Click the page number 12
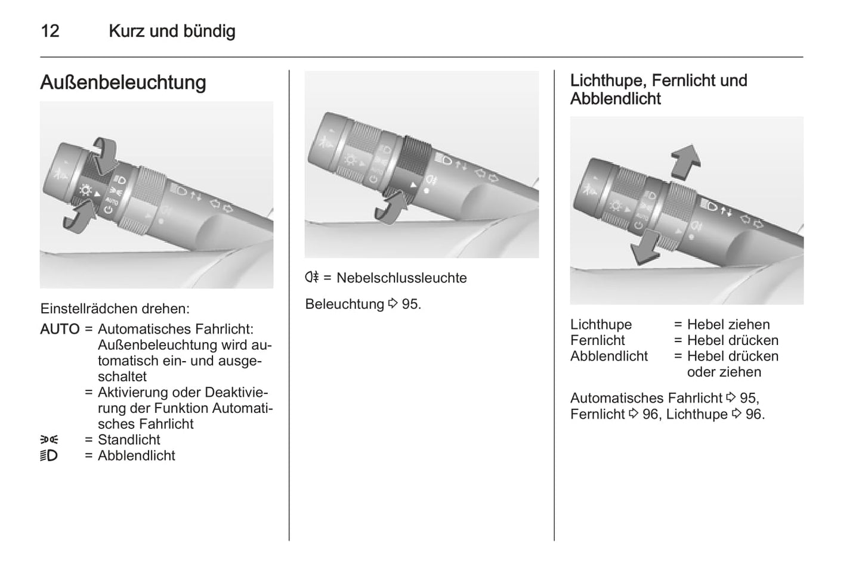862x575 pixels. tap(50, 31)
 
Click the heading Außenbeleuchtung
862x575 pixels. tap(123, 82)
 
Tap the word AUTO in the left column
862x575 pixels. tap(60, 330)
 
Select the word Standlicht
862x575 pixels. tap(129, 439)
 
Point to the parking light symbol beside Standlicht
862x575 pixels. tap(50, 440)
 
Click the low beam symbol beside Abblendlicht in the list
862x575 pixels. tap(49, 456)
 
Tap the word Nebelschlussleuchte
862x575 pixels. tap(401, 278)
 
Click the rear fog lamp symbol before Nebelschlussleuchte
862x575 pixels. tap(312, 277)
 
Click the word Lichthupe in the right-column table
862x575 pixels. tap(601, 325)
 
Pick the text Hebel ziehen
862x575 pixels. tap(728, 325)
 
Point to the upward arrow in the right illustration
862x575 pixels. tap(685, 163)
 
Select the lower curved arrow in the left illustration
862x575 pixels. tap(79, 217)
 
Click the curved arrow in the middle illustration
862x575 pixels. tap(391, 208)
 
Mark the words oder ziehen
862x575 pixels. tap(724, 372)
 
